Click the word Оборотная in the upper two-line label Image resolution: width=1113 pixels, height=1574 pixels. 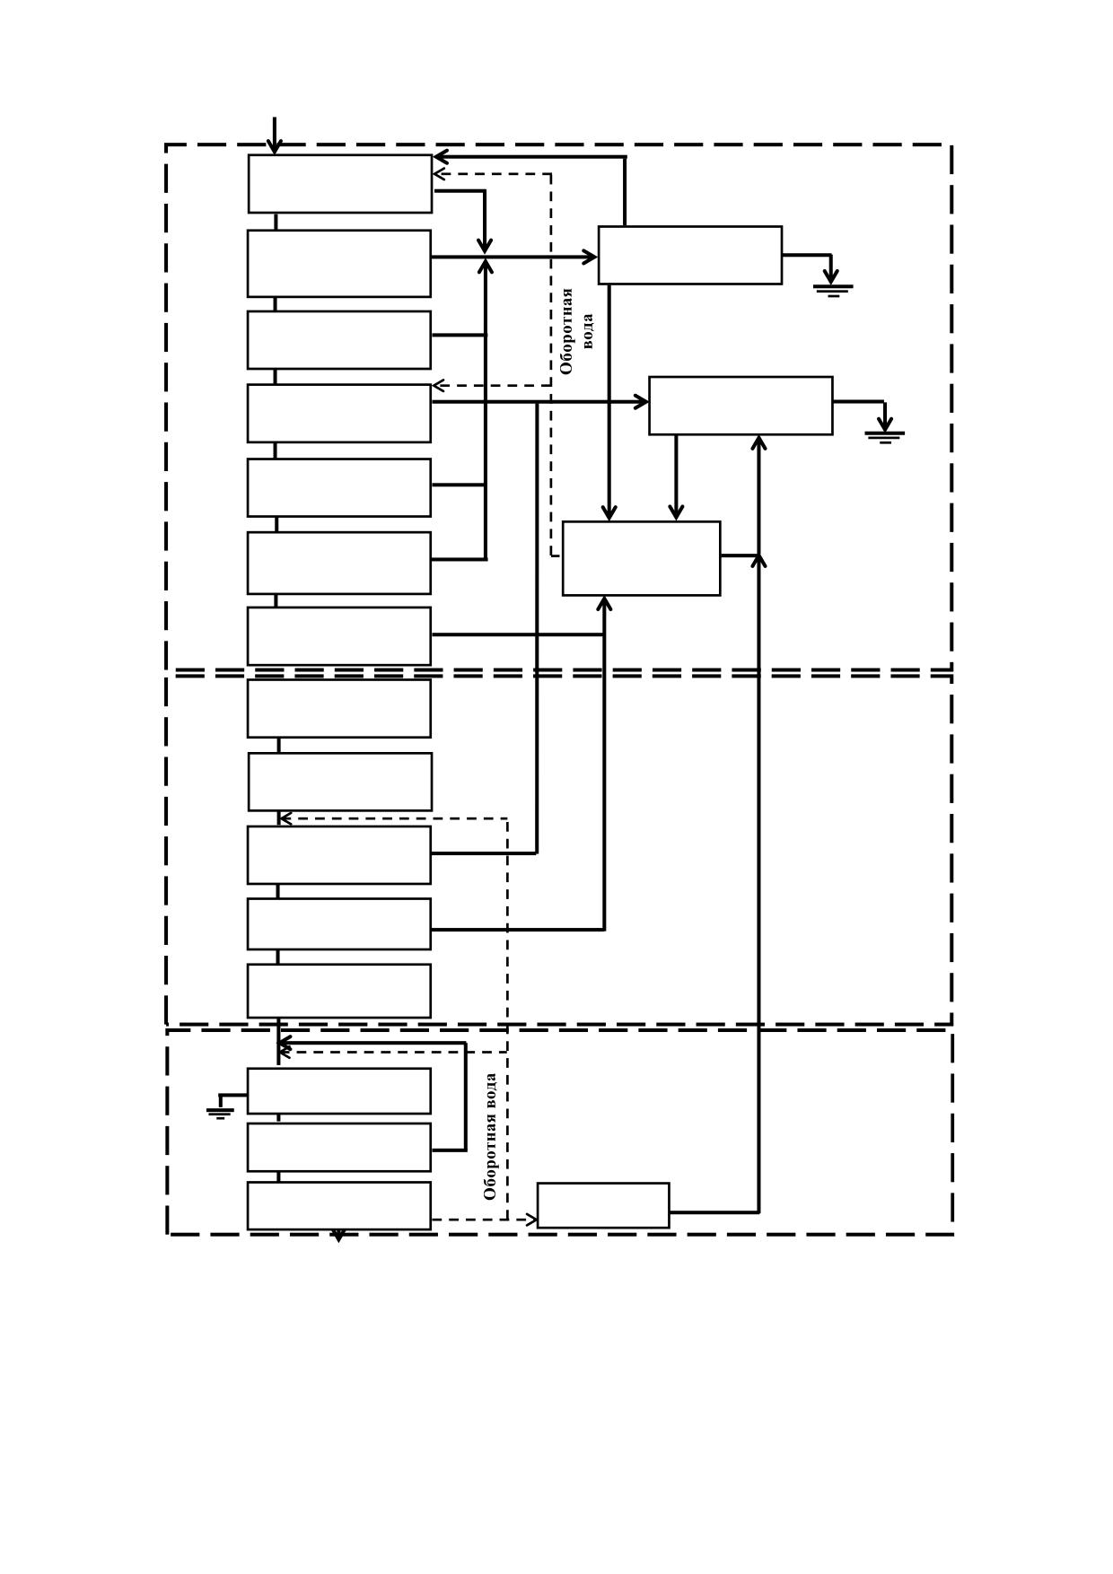click(566, 331)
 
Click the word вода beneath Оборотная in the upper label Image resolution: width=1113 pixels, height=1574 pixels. click(587, 330)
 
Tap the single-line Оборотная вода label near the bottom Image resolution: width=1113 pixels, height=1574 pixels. click(490, 1136)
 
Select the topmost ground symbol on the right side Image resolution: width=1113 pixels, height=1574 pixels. click(833, 290)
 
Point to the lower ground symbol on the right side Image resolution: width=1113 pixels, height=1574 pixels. click(885, 437)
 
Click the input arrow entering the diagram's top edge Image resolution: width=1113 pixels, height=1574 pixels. click(275, 136)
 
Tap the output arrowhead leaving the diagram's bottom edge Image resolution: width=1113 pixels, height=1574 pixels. click(338, 1236)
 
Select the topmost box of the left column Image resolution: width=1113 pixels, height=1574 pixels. click(340, 183)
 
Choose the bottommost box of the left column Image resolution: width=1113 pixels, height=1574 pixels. click(339, 1205)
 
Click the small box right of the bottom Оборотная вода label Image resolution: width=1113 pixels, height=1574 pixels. click(603, 1205)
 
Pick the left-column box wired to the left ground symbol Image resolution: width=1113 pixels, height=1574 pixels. click(339, 1090)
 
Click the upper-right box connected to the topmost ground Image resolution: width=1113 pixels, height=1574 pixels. click(690, 255)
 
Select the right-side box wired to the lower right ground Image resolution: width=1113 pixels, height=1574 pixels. click(741, 406)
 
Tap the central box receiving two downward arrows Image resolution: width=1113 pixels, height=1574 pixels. click(641, 558)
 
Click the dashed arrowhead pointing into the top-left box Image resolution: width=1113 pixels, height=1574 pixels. click(440, 174)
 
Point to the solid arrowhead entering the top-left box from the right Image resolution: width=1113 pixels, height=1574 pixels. click(441, 157)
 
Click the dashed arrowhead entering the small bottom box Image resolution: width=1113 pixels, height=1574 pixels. click(531, 1220)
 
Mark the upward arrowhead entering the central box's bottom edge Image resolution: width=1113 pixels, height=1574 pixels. click(604, 603)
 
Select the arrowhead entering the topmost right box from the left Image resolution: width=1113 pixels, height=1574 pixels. click(590, 258)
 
